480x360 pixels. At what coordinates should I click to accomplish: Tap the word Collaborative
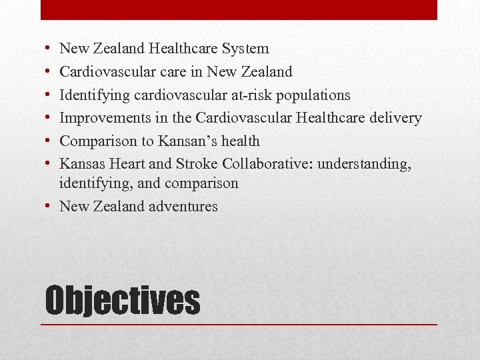(269, 164)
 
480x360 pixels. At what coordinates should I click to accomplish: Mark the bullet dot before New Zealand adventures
(51, 206)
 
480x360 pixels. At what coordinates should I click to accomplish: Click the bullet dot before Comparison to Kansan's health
(51, 141)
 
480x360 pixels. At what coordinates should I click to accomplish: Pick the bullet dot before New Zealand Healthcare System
(51, 49)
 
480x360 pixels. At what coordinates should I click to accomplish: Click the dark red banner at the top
(239, 9)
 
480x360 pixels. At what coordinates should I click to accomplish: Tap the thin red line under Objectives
(239, 324)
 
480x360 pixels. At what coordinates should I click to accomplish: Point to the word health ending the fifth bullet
(241, 141)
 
